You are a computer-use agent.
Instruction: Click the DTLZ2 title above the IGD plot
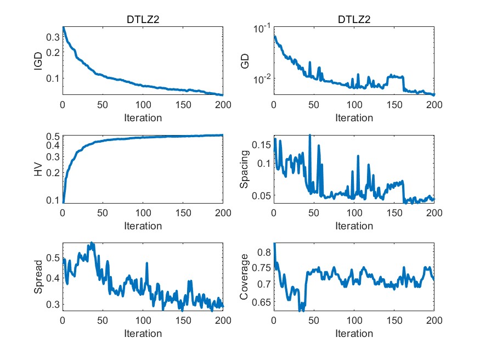click(x=143, y=20)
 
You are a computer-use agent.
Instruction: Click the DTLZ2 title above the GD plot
click(x=354, y=20)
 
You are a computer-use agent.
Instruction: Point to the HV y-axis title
click(x=38, y=169)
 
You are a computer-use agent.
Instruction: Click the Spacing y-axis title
click(x=246, y=169)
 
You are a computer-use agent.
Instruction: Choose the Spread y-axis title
click(x=38, y=277)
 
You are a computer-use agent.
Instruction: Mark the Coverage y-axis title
click(x=246, y=277)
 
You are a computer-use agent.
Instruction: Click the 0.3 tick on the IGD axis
click(x=53, y=37)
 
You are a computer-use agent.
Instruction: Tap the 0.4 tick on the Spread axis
click(x=53, y=278)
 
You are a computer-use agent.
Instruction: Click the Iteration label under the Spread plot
click(x=143, y=334)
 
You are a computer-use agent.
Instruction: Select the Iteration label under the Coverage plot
click(x=354, y=334)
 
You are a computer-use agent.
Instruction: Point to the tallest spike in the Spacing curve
click(x=310, y=135)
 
